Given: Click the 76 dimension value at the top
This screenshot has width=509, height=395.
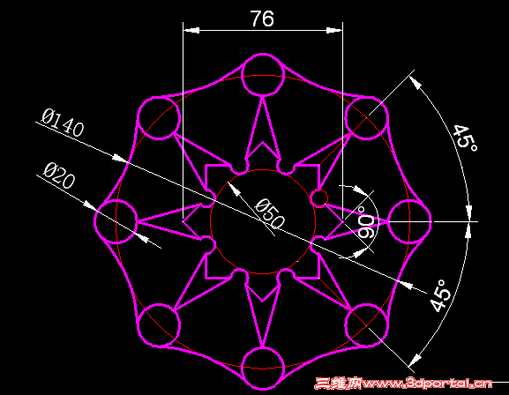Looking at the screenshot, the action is (262, 19).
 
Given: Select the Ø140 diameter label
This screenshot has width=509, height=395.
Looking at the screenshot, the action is (63, 123).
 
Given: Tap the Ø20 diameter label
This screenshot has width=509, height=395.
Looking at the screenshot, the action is (59, 175).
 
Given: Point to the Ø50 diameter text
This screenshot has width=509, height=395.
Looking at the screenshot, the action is (270, 214).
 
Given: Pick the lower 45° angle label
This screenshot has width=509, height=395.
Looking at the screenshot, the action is (440, 295).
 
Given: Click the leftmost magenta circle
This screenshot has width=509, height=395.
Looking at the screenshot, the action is (94, 221).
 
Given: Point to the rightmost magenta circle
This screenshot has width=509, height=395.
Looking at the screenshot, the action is (430, 221).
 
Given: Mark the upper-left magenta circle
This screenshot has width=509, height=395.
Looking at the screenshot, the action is (138, 117).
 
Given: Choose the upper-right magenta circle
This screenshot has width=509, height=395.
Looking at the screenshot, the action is (387, 117).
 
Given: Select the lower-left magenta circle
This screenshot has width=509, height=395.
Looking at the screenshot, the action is (138, 325).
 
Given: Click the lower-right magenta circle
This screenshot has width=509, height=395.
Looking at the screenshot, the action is (387, 325).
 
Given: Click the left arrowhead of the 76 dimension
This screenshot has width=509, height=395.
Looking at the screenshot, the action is (191, 30).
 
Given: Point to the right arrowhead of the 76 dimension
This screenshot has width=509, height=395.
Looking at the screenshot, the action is (334, 30).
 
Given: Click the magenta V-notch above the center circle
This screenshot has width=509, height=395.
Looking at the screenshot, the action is (263, 143).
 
